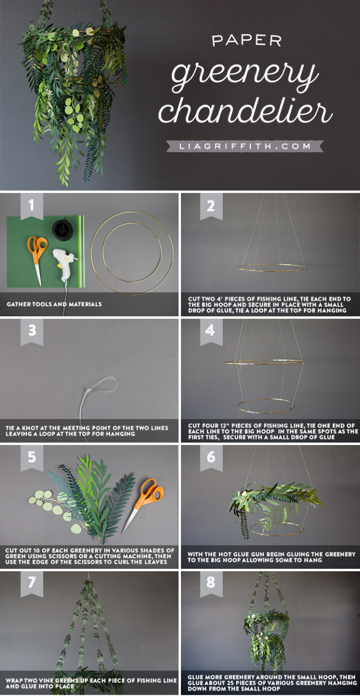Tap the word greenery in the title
coord(245,75)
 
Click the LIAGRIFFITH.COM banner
coord(245,147)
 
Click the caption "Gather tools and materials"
coord(54,304)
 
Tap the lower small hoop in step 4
coord(266,405)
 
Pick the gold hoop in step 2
coord(271,267)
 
